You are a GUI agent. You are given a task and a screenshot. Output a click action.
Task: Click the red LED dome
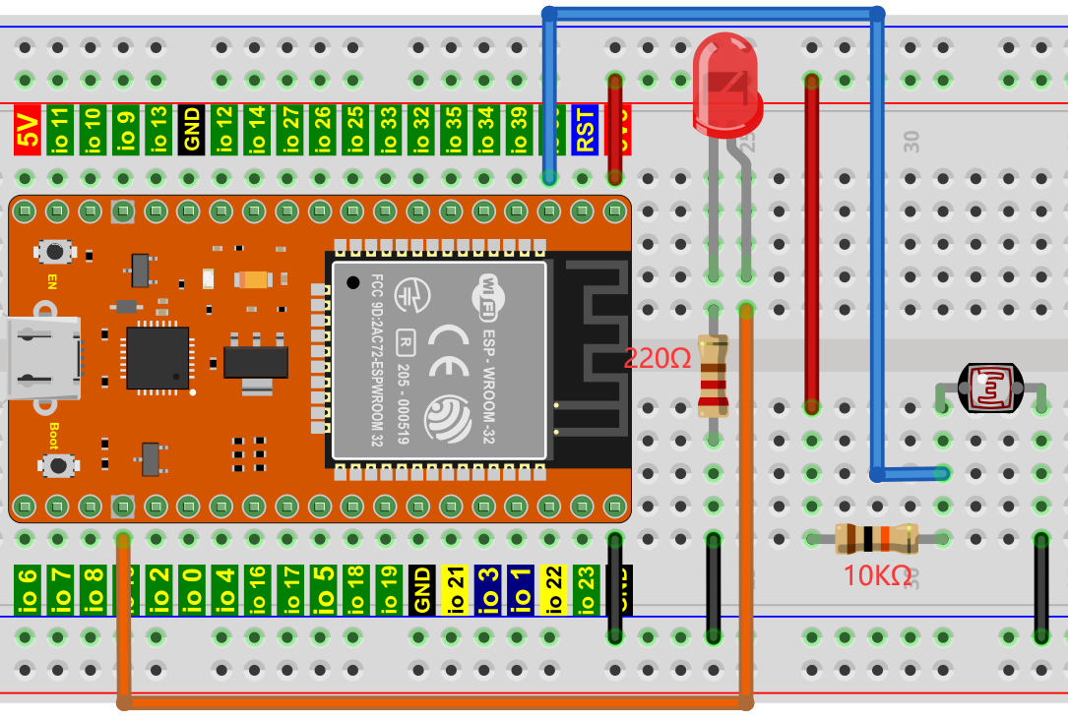[x=726, y=84]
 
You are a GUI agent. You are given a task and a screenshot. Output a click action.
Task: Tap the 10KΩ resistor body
[x=875, y=538]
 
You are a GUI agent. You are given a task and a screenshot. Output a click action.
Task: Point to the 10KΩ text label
[x=877, y=576]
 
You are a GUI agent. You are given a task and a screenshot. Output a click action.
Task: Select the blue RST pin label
[x=585, y=129]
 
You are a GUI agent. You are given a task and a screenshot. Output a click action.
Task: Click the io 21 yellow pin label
[x=455, y=590]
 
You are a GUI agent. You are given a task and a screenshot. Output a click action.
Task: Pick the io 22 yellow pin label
[x=553, y=590]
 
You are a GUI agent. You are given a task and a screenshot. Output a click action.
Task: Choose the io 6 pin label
[x=28, y=590]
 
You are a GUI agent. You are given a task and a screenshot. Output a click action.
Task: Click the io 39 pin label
[x=519, y=129]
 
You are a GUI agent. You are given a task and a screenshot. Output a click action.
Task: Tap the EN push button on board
[x=56, y=252]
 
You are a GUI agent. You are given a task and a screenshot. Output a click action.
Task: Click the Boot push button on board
[x=58, y=464]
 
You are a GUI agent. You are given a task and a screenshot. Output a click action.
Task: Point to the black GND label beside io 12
[x=191, y=129]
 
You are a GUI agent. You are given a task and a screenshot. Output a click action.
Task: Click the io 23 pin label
[x=586, y=590]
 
